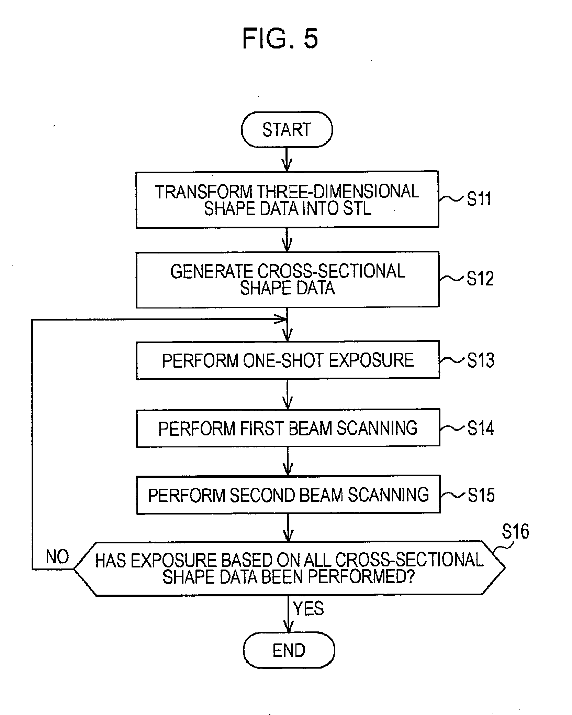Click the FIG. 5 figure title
280,39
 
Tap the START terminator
287,130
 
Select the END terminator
289,650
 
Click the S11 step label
479,199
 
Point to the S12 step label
480,278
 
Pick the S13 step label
480,360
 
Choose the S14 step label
481,428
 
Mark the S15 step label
481,495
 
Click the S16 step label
515,531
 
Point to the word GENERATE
212,271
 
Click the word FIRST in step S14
262,429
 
